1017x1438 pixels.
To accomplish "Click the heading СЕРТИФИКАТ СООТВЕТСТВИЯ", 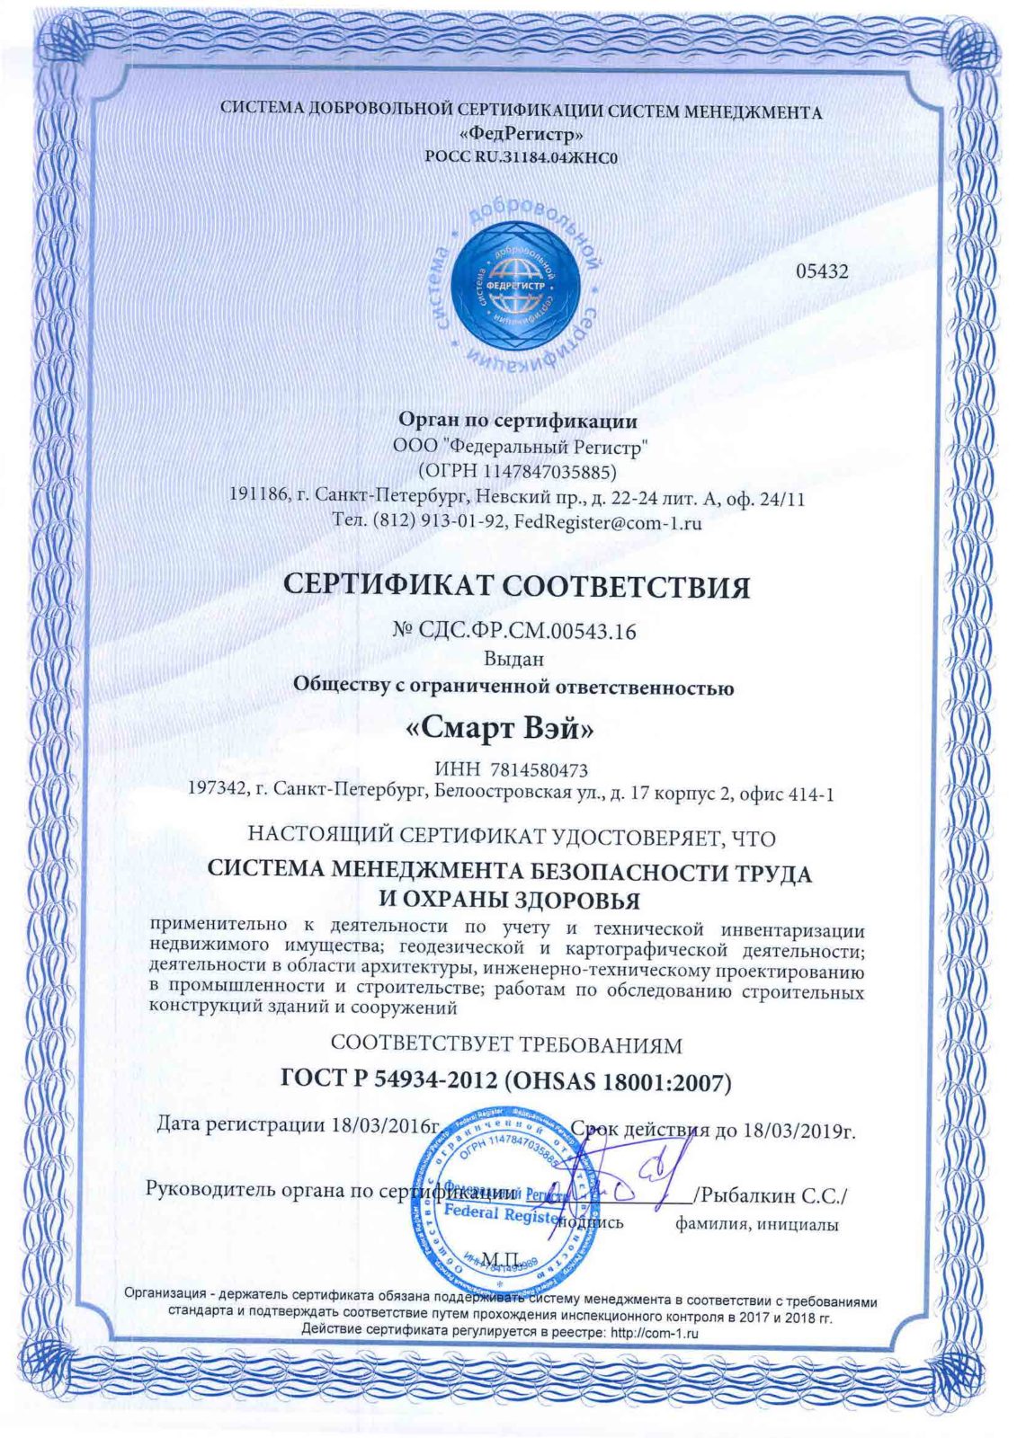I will [x=516, y=586].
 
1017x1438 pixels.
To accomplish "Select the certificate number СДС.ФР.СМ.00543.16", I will [x=529, y=631].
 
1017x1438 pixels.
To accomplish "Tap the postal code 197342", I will [x=216, y=792].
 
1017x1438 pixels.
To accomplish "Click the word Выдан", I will [x=513, y=658].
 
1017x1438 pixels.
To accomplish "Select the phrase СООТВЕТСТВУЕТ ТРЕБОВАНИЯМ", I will [x=506, y=1044].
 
